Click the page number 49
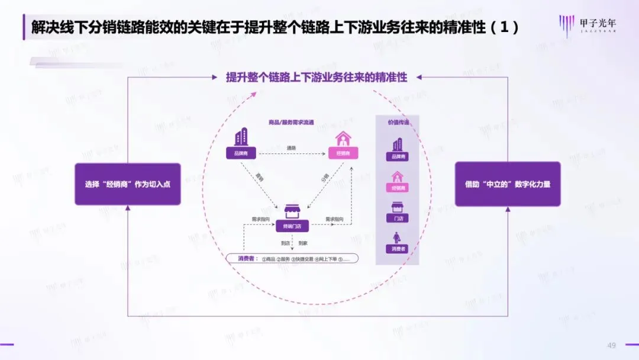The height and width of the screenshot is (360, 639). (612, 345)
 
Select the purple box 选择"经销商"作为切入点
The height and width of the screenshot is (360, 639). (127, 184)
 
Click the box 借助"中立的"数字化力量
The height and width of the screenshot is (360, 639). (507, 184)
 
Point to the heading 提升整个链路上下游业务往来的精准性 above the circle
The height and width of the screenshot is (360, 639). (317, 78)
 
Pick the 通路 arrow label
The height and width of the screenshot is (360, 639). (291, 148)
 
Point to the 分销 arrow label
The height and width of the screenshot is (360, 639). (325, 177)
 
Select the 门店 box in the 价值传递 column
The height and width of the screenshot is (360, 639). (398, 218)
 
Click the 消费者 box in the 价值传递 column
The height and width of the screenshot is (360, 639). (398, 249)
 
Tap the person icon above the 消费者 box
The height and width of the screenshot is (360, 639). (398, 237)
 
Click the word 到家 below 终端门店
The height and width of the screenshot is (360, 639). (303, 243)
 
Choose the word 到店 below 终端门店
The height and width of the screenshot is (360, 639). (285, 243)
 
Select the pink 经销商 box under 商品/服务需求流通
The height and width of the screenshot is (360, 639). (343, 154)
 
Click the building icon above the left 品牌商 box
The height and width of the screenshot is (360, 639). (241, 139)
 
